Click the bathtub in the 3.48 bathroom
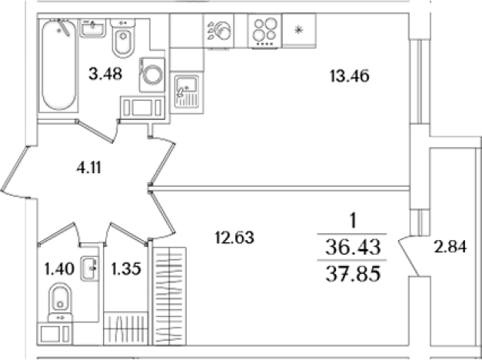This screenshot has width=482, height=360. (x=58, y=65)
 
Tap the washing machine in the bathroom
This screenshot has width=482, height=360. (x=152, y=75)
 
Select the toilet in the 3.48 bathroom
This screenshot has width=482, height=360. (x=123, y=38)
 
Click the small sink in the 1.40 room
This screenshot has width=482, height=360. (x=90, y=268)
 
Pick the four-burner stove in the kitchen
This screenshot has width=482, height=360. (x=264, y=32)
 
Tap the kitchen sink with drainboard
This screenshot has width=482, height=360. (x=187, y=92)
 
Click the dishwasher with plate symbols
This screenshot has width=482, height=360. (x=218, y=31)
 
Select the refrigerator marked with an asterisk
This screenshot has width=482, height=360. (x=299, y=31)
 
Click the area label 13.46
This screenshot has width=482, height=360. (x=350, y=76)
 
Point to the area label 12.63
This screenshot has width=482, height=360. (x=234, y=238)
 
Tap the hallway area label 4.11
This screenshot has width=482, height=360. (x=89, y=168)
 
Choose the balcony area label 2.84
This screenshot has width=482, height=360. (x=450, y=247)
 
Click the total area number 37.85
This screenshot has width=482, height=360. (x=353, y=274)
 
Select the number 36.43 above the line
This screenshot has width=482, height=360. (x=353, y=247)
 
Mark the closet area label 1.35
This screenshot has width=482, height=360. (x=126, y=268)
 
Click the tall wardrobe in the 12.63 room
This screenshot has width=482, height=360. (x=169, y=296)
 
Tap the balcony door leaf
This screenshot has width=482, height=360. (x=409, y=257)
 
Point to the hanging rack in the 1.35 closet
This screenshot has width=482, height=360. (x=126, y=328)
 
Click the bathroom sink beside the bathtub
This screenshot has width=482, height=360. (x=93, y=28)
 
